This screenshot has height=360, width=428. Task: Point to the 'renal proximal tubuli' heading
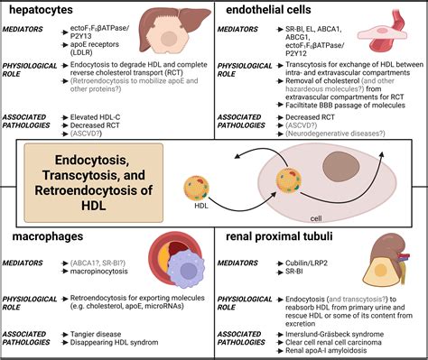click(287, 236)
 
